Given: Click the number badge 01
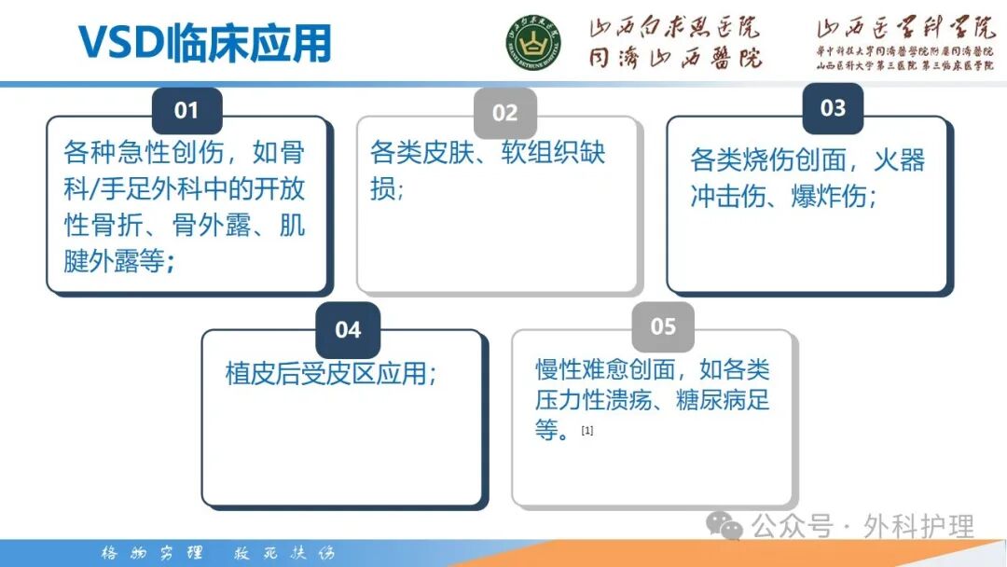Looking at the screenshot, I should click(186, 111).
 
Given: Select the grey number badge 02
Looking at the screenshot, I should click(504, 114).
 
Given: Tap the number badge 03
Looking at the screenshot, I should click(833, 108).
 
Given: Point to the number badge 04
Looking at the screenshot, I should click(348, 330).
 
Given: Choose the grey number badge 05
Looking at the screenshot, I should click(663, 326).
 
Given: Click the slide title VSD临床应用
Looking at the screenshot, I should click(204, 43).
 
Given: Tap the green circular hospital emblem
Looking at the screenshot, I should click(534, 43).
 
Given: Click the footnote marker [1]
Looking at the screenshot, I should click(587, 431).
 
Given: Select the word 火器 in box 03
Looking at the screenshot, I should click(899, 160).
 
